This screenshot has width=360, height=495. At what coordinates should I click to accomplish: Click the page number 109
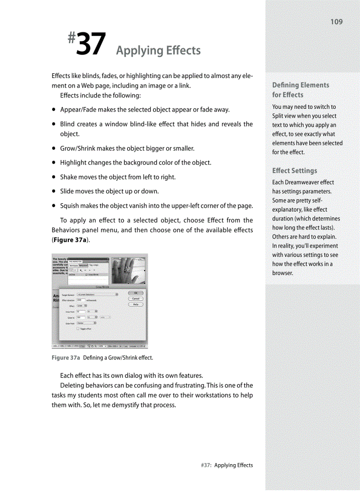pyautogui.click(x=336, y=22)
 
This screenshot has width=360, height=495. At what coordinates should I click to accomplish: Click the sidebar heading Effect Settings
pyautogui.click(x=294, y=171)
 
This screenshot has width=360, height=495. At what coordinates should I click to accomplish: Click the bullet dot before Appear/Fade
pyautogui.click(x=53, y=110)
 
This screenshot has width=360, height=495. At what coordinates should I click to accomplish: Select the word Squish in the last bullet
pyautogui.click(x=70, y=206)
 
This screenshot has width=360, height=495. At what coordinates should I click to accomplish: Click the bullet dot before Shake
pyautogui.click(x=53, y=177)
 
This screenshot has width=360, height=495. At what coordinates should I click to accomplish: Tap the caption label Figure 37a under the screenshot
pyautogui.click(x=65, y=357)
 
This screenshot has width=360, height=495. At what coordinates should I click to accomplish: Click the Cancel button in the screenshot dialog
pyautogui.click(x=135, y=298)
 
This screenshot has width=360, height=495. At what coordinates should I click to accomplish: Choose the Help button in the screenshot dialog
pyautogui.click(x=135, y=304)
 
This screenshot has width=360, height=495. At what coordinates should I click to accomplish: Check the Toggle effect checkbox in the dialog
pyautogui.click(x=78, y=328)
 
